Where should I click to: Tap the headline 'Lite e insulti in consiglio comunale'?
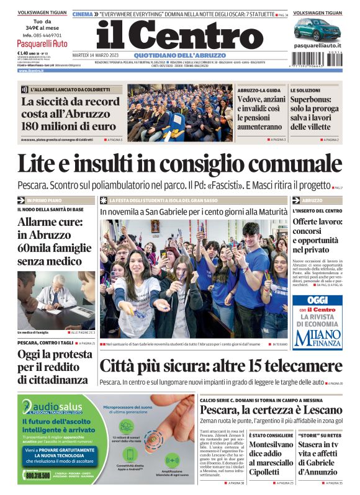coord(179,164)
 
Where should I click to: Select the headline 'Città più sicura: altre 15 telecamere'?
coord(220,365)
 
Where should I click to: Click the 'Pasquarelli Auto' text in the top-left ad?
coord(42,44)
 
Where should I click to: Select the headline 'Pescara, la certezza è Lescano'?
coord(271,410)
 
